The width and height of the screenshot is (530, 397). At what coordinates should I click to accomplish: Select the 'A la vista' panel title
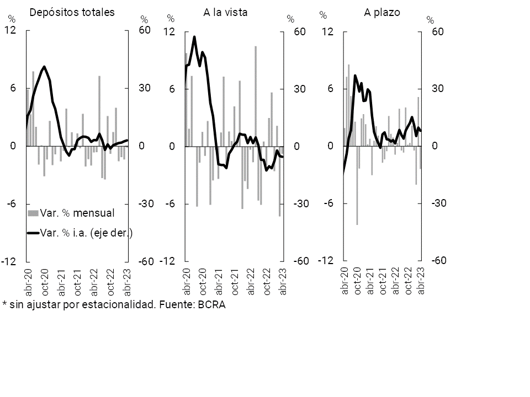click(x=225, y=12)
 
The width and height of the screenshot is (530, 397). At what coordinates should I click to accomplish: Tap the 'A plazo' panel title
click(x=381, y=12)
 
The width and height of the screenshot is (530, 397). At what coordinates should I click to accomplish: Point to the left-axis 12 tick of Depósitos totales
click(x=9, y=31)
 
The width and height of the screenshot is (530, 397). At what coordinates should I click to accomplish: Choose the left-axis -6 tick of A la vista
click(x=168, y=204)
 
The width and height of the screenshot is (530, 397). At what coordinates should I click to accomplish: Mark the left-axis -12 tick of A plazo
click(x=327, y=261)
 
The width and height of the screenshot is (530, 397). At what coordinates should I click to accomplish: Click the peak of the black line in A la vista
click(x=194, y=37)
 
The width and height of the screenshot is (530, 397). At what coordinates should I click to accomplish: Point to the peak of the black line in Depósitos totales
click(x=44, y=67)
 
